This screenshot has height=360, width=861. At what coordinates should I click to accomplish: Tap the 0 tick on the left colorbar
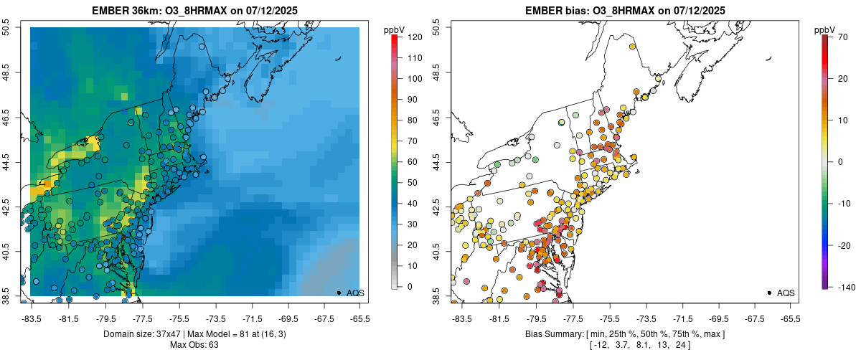(407, 287)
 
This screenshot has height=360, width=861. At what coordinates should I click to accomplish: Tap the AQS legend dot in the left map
(339, 293)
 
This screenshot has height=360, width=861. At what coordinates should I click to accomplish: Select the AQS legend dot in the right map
(769, 293)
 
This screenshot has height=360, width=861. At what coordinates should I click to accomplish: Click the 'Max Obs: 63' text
(194, 345)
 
